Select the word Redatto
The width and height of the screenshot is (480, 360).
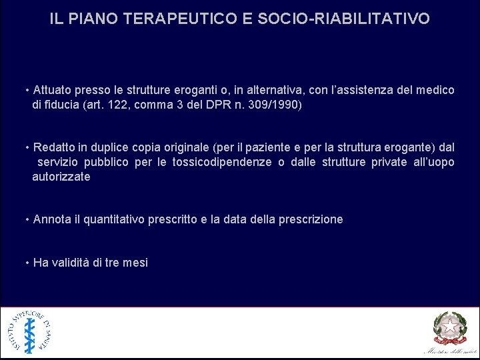(55, 147)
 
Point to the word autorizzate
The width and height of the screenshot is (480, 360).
(61, 177)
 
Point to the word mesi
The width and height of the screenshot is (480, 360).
(135, 263)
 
